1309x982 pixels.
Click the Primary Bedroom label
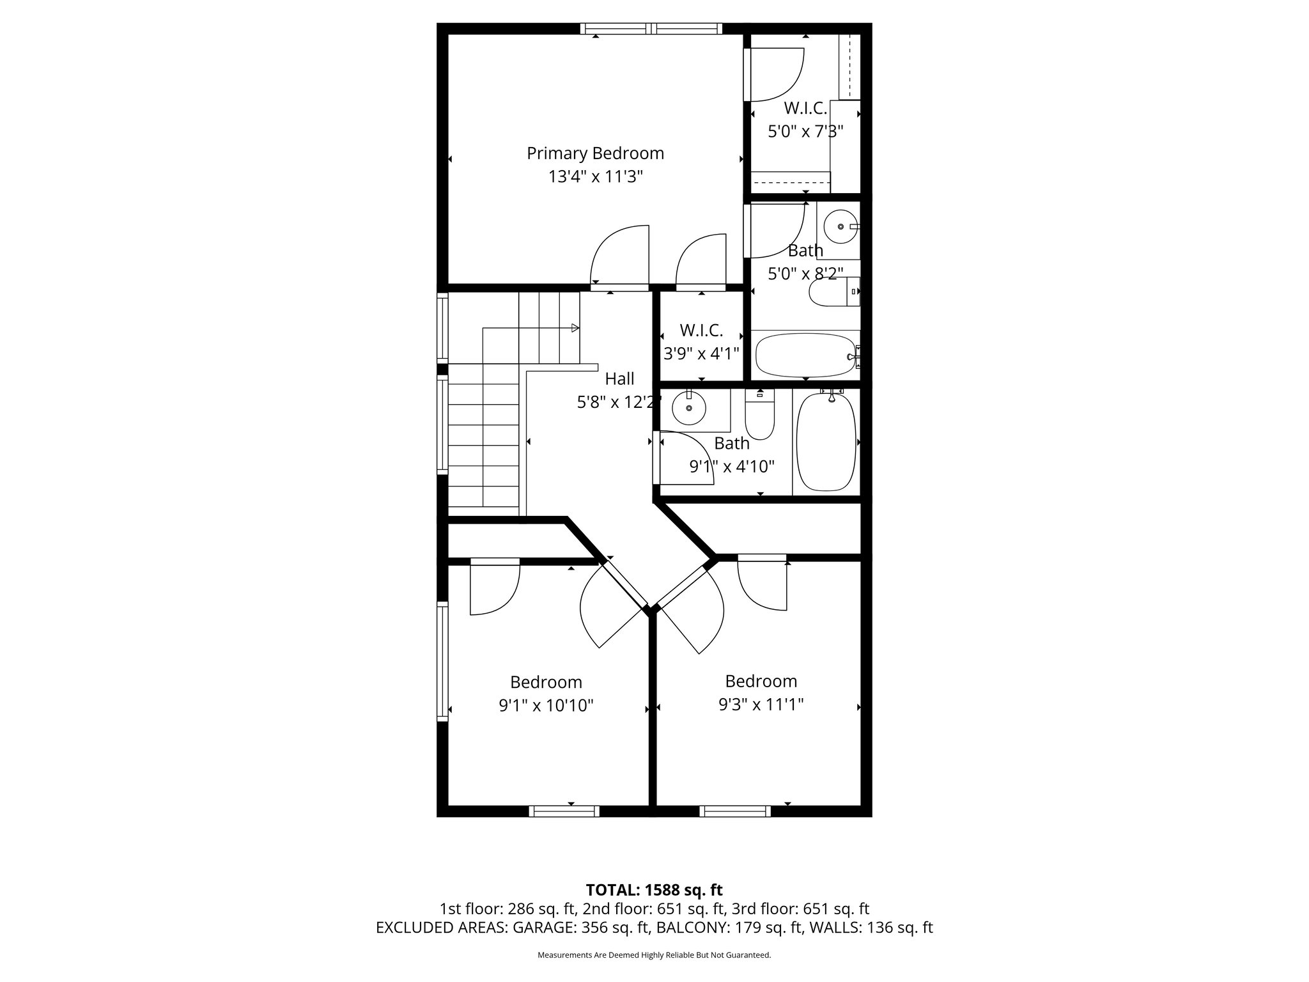(x=595, y=153)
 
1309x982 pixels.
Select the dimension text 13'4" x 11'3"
(x=595, y=177)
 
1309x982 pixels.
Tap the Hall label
(x=619, y=378)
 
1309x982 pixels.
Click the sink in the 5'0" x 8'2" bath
(x=839, y=226)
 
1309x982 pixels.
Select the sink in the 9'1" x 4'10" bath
(x=689, y=407)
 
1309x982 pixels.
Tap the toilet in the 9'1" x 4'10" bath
(x=760, y=416)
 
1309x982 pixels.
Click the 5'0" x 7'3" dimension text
(x=805, y=132)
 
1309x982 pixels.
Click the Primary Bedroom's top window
(x=651, y=28)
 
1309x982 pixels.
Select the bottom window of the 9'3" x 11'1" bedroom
(x=735, y=811)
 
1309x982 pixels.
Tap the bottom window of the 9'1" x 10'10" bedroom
(x=564, y=811)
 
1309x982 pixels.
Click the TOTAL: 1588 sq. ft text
(x=654, y=890)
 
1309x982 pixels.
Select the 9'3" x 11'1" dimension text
(x=761, y=705)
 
